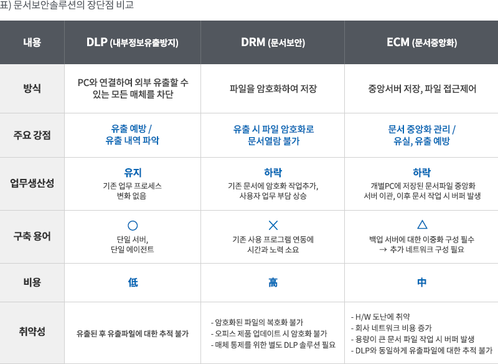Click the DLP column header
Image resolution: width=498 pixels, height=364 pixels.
tap(133, 43)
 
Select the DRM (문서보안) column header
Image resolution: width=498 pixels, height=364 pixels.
tap(273, 43)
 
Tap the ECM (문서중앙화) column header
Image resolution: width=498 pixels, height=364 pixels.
tap(421, 43)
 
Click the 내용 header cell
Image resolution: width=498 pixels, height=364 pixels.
tap(32, 43)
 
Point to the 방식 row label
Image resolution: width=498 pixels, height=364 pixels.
tap(32, 89)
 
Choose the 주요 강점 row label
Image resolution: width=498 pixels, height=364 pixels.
tap(32, 135)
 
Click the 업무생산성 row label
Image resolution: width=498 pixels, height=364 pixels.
tap(32, 183)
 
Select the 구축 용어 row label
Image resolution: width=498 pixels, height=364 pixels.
tap(32, 236)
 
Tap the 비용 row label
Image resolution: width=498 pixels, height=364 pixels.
tap(32, 282)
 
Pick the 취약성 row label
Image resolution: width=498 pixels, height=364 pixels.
tap(32, 332)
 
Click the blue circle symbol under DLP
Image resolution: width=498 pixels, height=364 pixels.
tap(133, 225)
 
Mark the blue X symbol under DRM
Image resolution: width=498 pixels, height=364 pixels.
tap(273, 225)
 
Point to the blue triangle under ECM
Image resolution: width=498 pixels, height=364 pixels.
tap(421, 224)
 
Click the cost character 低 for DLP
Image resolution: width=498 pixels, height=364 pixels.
tap(133, 282)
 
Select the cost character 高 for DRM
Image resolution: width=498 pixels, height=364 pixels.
tap(273, 282)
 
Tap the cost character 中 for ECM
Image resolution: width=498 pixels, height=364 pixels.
tap(421, 282)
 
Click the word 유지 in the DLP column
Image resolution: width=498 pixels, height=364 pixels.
tap(133, 173)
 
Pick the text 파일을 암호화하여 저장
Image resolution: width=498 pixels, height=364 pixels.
tap(273, 89)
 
